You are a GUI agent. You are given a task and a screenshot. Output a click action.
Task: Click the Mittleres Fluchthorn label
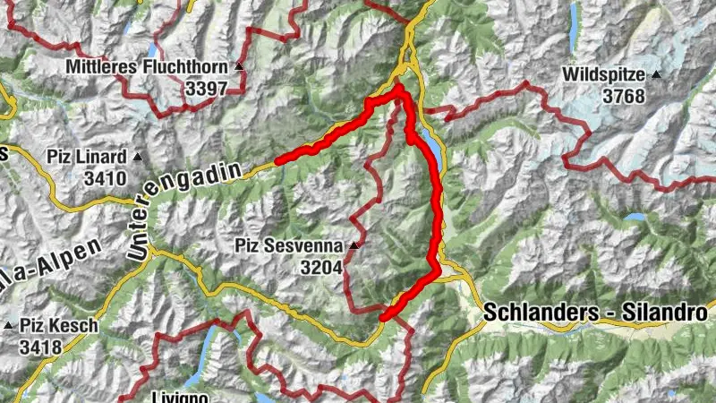(149, 67)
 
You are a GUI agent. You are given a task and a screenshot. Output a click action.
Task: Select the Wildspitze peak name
(606, 75)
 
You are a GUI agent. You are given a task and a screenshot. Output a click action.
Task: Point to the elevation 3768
(623, 95)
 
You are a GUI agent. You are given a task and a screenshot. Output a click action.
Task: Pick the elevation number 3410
(105, 177)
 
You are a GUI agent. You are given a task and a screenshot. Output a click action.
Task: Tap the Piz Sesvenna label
(290, 244)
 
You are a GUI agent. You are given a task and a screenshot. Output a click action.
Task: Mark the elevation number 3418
(41, 346)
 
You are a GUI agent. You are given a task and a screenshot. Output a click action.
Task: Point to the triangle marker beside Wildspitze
(657, 75)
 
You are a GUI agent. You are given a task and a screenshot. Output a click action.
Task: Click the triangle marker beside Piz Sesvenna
(354, 244)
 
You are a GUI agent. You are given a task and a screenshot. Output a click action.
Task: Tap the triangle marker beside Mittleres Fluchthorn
(239, 67)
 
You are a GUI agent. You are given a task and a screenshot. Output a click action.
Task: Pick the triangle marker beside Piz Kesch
(10, 326)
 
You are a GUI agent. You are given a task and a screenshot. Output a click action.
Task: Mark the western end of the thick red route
(278, 161)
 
